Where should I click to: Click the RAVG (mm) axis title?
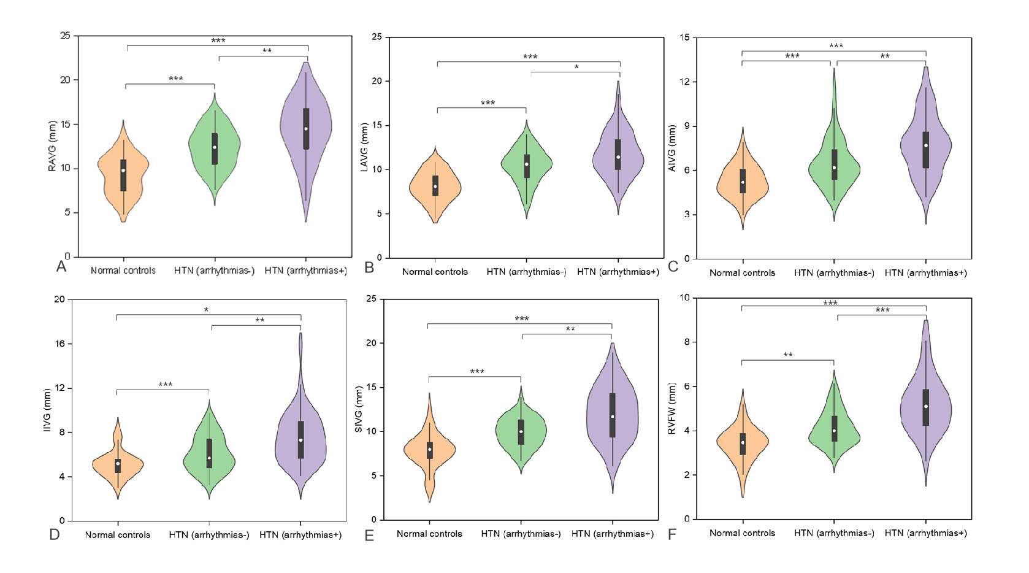[x=52, y=146]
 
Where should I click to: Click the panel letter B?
[x=369, y=267]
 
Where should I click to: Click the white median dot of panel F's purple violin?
[x=926, y=406]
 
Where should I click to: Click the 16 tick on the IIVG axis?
[x=60, y=344]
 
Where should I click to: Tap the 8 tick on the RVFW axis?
[x=687, y=342]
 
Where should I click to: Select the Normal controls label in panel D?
[x=118, y=535]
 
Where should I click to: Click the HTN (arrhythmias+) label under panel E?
[x=612, y=534]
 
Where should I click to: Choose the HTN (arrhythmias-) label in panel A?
[x=214, y=271]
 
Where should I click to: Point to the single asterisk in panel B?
[x=576, y=67]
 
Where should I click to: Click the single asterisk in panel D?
[x=206, y=310]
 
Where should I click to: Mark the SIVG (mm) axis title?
[x=359, y=409]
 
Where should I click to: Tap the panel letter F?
[x=672, y=534]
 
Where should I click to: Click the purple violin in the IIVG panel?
[x=300, y=442]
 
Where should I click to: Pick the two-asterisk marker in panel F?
[x=788, y=355]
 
